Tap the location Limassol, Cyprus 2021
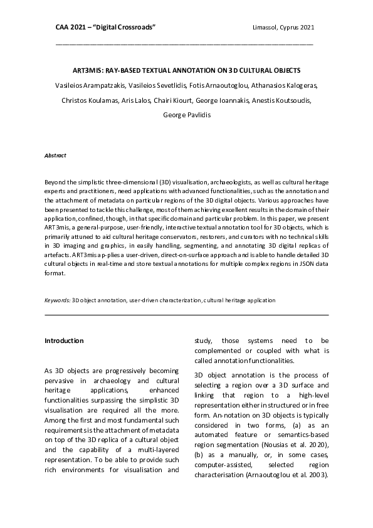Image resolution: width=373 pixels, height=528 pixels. (278, 28)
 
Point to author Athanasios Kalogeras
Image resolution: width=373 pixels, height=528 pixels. (280, 85)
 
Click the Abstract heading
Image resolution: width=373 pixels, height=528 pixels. (55, 155)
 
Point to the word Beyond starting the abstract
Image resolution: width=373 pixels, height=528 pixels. (54, 180)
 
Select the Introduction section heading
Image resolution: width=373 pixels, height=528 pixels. (63, 341)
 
